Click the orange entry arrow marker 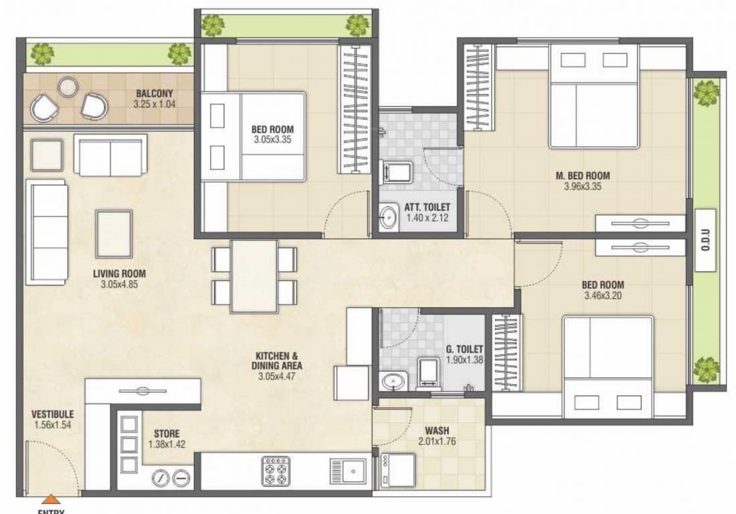point(50,499)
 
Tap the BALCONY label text point(155,94)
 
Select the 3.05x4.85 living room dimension point(119,284)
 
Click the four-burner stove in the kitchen point(276,470)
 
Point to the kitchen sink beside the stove point(348,471)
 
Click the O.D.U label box point(705,240)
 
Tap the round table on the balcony point(68,87)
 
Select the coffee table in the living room point(114,234)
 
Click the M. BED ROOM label point(583,175)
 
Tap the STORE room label point(167,434)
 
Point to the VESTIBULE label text point(53,414)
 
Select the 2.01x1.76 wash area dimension point(437,441)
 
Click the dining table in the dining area point(254,276)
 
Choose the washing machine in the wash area point(399,470)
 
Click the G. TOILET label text point(464,349)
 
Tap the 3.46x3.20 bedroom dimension point(603,296)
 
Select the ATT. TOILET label point(428,207)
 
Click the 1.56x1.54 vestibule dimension point(53,425)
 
